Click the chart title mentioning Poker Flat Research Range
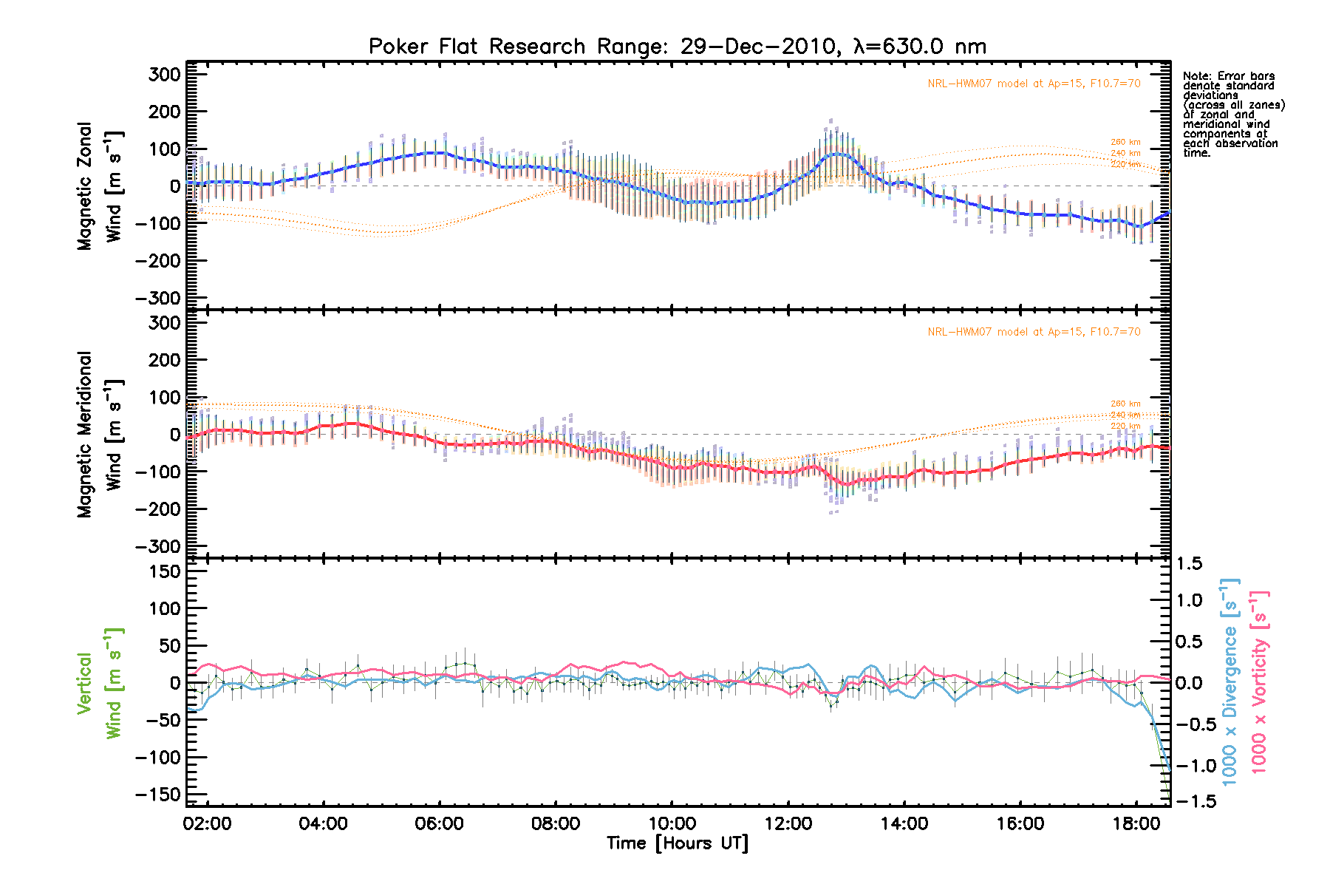pyautogui.click(x=677, y=47)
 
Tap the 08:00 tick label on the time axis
pyautogui.click(x=556, y=823)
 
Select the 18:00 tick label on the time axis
pyautogui.click(x=1136, y=823)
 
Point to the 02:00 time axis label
pyautogui.click(x=208, y=823)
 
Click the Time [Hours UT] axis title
pyautogui.click(x=677, y=843)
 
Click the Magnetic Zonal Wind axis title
pyautogui.click(x=99, y=186)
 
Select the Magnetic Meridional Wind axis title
pyautogui.click(x=99, y=435)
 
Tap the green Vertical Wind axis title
pyautogui.click(x=99, y=683)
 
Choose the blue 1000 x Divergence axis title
pyautogui.click(x=1230, y=682)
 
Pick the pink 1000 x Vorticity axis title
pyautogui.click(x=1259, y=682)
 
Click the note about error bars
pyautogui.click(x=1232, y=115)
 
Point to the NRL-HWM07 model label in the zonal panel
pyautogui.click(x=1034, y=84)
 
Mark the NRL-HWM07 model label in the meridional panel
pyautogui.click(x=1034, y=332)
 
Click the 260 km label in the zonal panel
pyautogui.click(x=1125, y=142)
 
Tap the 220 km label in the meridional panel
pyautogui.click(x=1125, y=426)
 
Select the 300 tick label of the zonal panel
pyautogui.click(x=164, y=75)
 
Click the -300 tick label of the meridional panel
pyautogui.click(x=159, y=546)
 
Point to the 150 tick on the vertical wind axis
pyautogui.click(x=164, y=571)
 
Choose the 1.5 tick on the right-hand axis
pyautogui.click(x=1189, y=564)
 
